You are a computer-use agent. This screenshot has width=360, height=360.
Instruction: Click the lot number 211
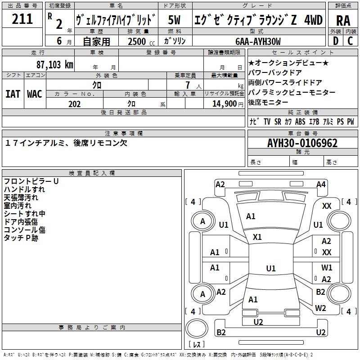point(22,19)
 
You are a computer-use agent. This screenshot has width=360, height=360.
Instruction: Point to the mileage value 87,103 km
point(55,64)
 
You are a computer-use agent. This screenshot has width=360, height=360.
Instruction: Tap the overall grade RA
point(343,20)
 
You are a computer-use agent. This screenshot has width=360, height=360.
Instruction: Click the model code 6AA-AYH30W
point(258,41)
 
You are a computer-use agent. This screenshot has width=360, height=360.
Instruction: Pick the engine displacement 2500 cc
point(139,41)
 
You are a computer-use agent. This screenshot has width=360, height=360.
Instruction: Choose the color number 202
point(74,104)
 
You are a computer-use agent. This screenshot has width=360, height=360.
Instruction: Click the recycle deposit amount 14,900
point(223,104)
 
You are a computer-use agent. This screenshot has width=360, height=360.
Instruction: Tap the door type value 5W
point(175,20)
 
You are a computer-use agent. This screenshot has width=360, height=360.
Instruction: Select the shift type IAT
point(13,94)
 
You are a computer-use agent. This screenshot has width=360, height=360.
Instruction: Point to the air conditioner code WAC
point(35,94)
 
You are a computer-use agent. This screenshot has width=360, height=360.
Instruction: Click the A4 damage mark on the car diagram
point(321,184)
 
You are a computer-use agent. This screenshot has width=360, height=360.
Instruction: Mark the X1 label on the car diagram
point(257,237)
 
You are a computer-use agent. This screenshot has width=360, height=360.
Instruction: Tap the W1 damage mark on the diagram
point(327,267)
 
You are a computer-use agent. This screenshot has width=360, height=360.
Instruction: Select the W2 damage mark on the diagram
point(320,308)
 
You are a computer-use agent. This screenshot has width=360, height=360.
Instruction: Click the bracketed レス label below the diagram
point(196,345)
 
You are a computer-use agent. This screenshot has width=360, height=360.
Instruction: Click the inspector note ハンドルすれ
point(24,189)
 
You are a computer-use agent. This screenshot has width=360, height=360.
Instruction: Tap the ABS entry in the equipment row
point(300,122)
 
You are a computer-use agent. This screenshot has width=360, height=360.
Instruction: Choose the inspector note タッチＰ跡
point(21,238)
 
